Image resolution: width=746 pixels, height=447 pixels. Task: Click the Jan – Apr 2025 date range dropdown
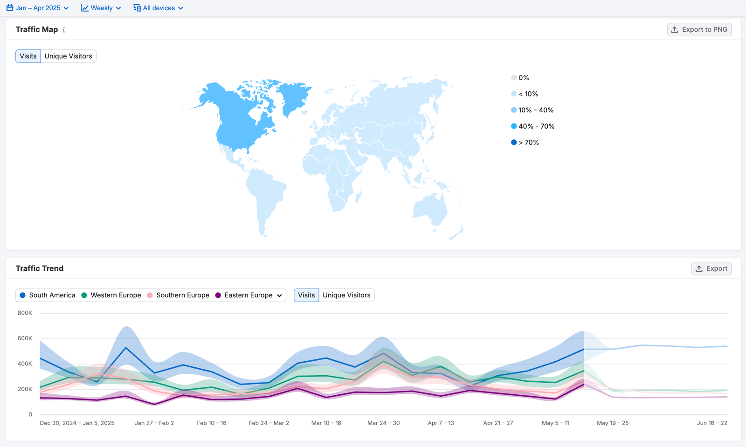tap(37, 8)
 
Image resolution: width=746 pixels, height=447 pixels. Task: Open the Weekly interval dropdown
tap(101, 8)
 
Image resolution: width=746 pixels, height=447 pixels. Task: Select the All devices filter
tap(159, 8)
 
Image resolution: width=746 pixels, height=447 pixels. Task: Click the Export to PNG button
tap(699, 29)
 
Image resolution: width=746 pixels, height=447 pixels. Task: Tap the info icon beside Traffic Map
tap(64, 30)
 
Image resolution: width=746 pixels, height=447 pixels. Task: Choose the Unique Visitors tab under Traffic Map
tap(68, 56)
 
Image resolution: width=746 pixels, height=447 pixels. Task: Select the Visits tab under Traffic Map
tap(28, 56)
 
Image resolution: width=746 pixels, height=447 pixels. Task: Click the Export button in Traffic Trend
tap(711, 268)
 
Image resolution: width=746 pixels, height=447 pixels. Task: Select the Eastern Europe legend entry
tap(248, 295)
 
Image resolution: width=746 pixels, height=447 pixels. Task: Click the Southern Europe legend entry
tap(182, 295)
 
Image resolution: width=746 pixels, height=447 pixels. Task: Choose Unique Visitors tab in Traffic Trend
tap(346, 295)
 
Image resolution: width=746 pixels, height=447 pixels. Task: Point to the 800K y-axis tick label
tap(25, 313)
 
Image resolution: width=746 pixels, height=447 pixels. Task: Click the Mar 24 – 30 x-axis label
tap(383, 423)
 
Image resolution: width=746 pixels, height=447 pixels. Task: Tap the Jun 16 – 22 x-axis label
tap(711, 423)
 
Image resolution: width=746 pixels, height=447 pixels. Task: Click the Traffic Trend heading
tap(40, 268)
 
